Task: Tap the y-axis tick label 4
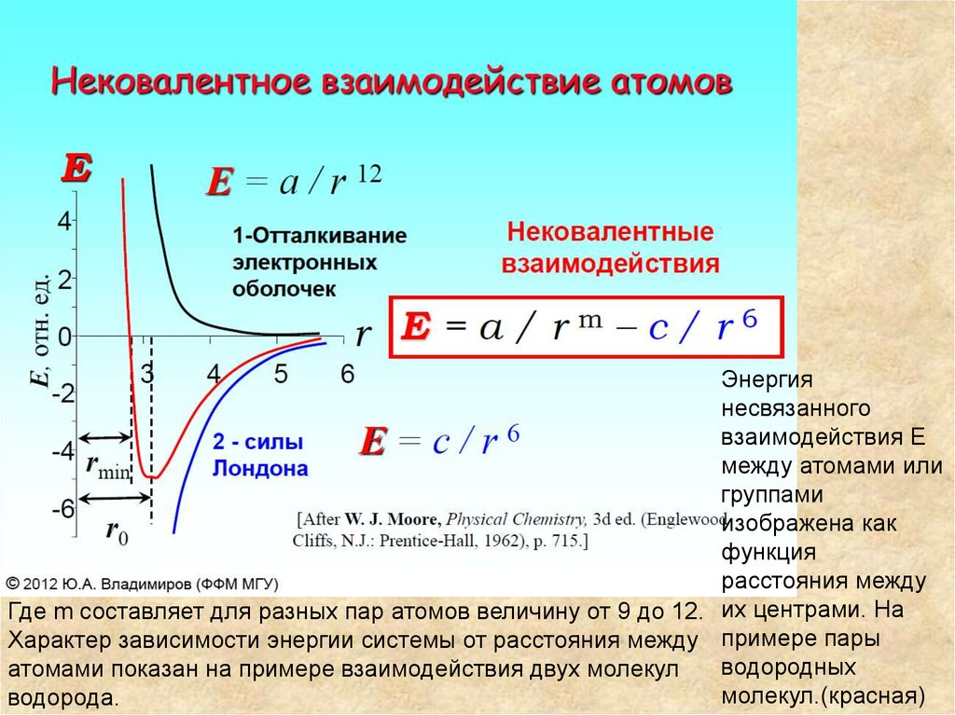pos(64,222)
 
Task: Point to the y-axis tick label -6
pos(62,510)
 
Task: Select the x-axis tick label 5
pos(282,375)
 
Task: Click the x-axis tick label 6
pos(347,375)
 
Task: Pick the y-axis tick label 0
pos(65,337)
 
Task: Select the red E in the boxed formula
pos(416,328)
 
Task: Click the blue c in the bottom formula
pos(442,442)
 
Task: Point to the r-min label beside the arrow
pos(107,466)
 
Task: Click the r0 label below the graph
pos(116,531)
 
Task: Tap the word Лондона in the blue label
pos(260,468)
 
